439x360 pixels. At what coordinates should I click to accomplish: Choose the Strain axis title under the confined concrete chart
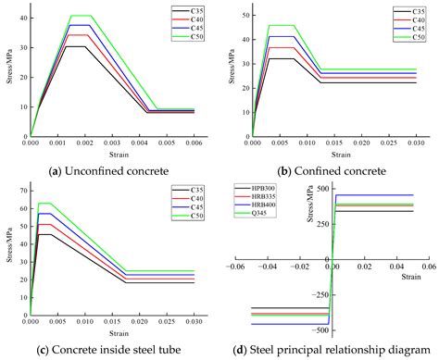tap(334, 154)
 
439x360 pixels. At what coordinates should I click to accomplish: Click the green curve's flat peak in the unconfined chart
tap(81, 15)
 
